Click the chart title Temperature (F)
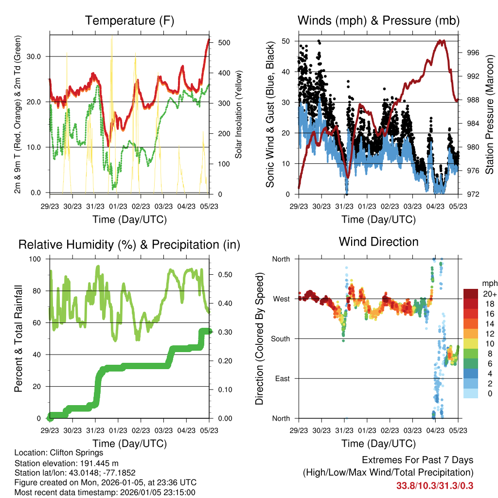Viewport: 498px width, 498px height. click(129, 20)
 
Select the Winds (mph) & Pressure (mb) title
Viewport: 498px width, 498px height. click(378, 20)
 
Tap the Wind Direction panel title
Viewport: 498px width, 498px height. click(378, 241)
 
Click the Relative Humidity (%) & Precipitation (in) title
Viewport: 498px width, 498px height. click(129, 245)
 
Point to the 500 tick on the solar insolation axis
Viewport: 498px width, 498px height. click(224, 42)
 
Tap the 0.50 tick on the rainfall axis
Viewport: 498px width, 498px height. click(223, 275)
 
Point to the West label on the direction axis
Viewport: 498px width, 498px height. click(281, 299)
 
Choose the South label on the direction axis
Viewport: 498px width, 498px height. click(280, 339)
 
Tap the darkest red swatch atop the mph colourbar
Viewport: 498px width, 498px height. click(470, 294)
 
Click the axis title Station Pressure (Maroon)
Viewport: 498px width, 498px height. click(490, 115)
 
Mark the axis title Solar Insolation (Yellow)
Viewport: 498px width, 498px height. click(239, 115)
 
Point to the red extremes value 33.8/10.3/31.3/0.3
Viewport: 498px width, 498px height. click(435, 485)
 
